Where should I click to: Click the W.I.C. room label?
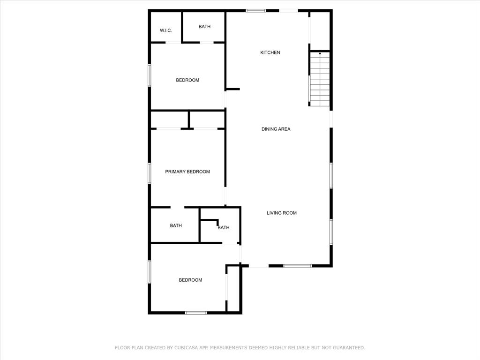(166, 30)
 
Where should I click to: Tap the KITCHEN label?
(270, 52)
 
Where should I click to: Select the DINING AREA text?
(276, 129)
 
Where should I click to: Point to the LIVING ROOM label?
(282, 213)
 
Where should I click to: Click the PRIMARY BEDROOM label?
(187, 172)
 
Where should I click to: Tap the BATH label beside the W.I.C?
(204, 27)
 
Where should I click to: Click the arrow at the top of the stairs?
(320, 54)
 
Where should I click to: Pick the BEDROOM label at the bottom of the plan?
(190, 280)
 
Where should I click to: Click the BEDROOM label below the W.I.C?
(187, 80)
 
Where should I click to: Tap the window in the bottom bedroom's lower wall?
(196, 312)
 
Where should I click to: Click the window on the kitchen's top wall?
(256, 10)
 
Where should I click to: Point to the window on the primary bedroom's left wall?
(150, 172)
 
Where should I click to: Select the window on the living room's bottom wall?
(298, 266)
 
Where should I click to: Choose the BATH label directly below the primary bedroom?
(176, 225)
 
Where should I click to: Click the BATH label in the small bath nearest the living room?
(224, 228)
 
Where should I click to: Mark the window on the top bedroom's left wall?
(150, 75)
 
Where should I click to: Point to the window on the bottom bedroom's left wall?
(150, 272)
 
